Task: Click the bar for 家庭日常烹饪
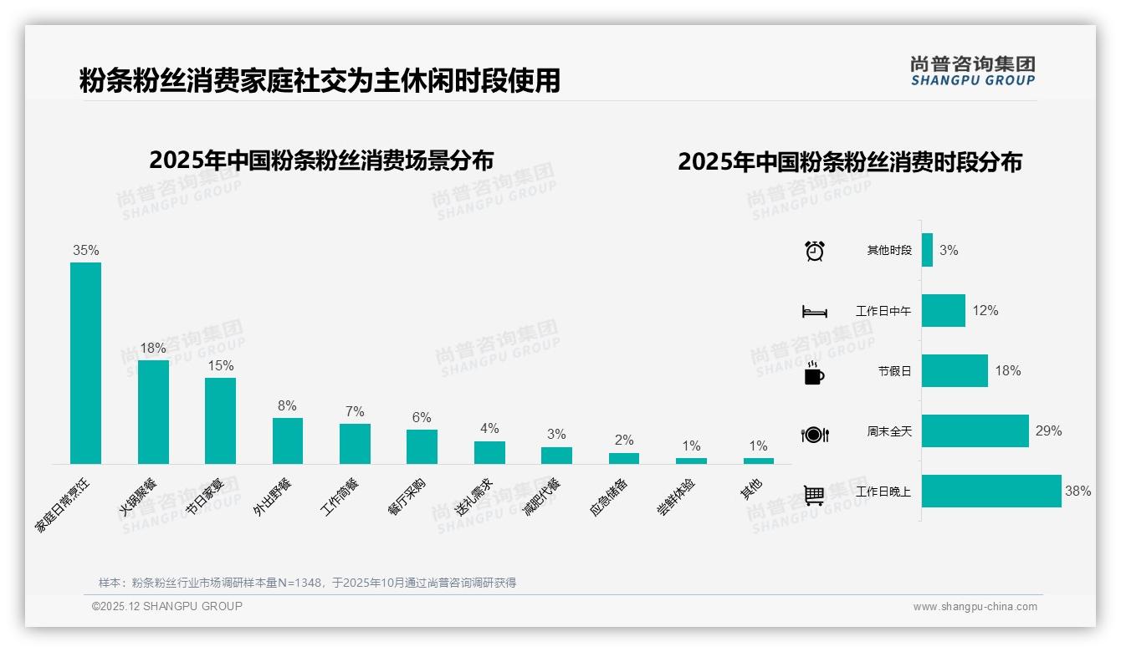click(x=85, y=363)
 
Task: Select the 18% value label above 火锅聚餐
click(x=153, y=348)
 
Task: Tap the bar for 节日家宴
click(x=220, y=420)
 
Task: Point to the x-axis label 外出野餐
click(x=273, y=496)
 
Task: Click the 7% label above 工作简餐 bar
click(x=355, y=411)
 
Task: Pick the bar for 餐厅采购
click(x=422, y=446)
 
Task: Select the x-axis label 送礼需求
click(x=474, y=496)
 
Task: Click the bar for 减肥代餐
click(x=556, y=456)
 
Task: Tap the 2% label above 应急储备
click(x=623, y=440)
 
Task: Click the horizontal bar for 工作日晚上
click(x=991, y=492)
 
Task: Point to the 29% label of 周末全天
click(x=1048, y=431)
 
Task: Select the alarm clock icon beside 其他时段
click(x=814, y=251)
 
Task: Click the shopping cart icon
click(x=814, y=495)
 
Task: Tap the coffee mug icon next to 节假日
click(x=814, y=373)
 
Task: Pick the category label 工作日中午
click(x=883, y=311)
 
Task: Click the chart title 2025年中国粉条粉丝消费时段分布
click(x=850, y=162)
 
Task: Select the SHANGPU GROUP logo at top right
click(x=972, y=71)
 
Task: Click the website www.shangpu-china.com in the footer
click(x=975, y=607)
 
